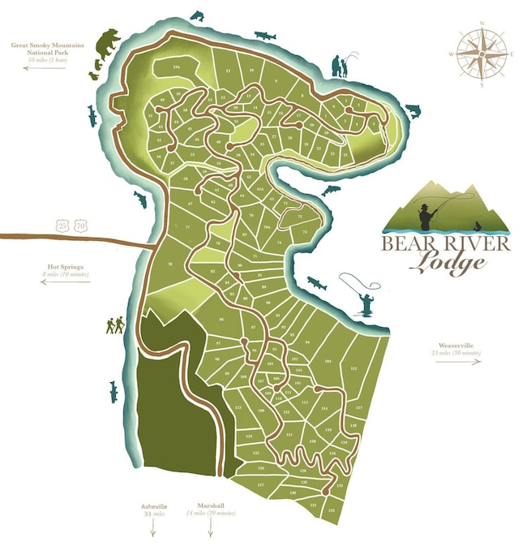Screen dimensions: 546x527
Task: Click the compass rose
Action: click(x=481, y=54)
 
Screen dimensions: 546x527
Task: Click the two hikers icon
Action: click(x=115, y=325)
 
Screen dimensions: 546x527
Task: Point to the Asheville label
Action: click(x=153, y=506)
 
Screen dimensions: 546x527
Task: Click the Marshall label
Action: click(x=210, y=506)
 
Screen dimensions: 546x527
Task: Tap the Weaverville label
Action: click(x=457, y=346)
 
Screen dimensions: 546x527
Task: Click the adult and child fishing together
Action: click(x=342, y=67)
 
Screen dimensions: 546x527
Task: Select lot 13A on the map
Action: click(x=176, y=67)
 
